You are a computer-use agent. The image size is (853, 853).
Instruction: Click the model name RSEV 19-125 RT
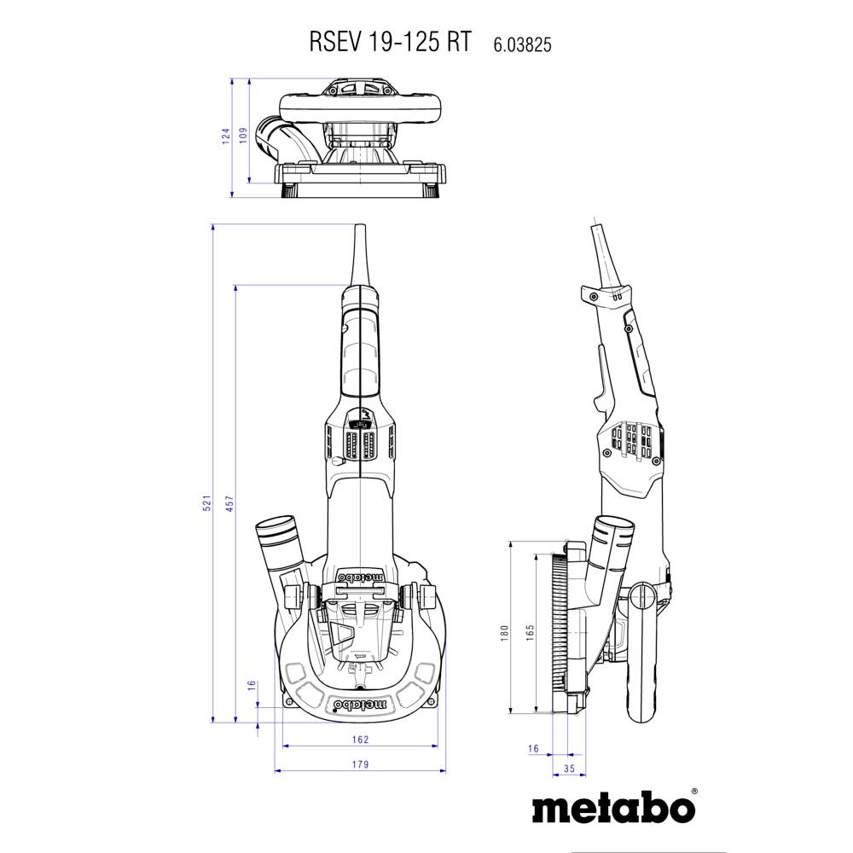click(x=388, y=44)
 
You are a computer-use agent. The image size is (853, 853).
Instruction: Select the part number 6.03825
click(x=521, y=45)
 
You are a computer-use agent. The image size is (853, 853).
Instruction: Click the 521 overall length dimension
click(x=206, y=504)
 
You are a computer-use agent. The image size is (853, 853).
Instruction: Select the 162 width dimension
click(x=359, y=739)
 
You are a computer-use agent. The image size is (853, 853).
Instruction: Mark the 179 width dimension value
click(x=359, y=764)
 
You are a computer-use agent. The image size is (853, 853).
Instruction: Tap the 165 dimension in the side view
click(x=530, y=632)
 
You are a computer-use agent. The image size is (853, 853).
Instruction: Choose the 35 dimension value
click(x=570, y=770)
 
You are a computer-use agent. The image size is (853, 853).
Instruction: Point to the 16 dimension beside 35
click(x=533, y=748)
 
